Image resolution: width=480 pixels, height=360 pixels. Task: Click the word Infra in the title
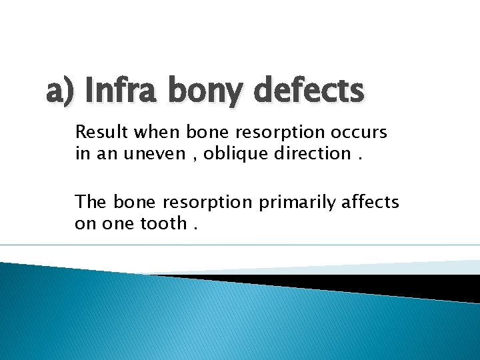[126, 90]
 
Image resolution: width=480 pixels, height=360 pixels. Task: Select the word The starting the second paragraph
[91, 201]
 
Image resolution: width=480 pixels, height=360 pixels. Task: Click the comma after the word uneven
[194, 157]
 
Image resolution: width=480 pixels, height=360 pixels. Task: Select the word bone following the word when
[205, 132]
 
